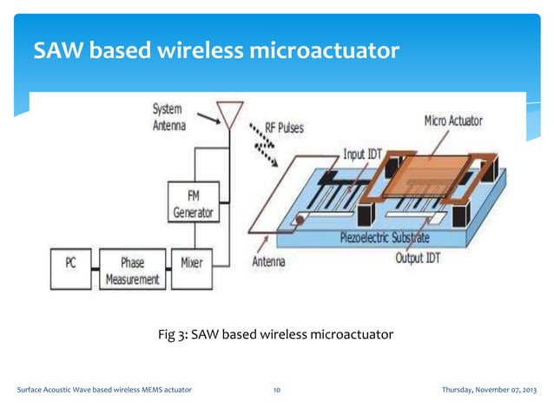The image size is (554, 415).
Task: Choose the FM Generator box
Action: [x=192, y=204]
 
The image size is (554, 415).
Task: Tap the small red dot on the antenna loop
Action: [x=299, y=221]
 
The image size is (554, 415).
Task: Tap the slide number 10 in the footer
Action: [x=276, y=391]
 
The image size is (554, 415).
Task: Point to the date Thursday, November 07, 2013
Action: [x=489, y=391]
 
